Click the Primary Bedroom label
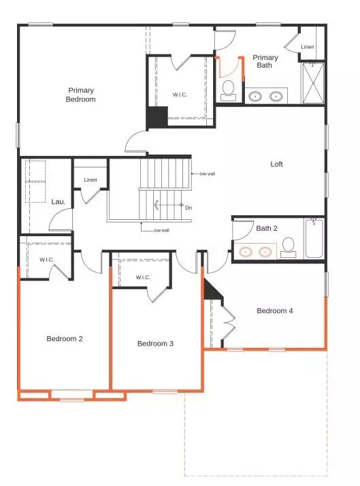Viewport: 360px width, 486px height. (81, 95)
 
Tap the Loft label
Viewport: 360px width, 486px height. (276, 164)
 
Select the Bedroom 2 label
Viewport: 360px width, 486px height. (64, 339)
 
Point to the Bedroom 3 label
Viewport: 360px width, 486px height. (155, 344)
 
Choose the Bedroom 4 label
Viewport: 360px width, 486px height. (275, 311)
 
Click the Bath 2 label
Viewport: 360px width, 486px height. (267, 229)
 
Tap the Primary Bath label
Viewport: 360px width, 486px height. (265, 62)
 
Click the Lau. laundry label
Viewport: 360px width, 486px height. (58, 201)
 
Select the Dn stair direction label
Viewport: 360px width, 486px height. (189, 208)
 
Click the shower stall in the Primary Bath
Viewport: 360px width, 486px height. (313, 83)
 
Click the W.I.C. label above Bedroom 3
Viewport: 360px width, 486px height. (143, 277)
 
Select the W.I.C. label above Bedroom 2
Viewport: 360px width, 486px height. (47, 259)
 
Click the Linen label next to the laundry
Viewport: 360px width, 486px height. (91, 180)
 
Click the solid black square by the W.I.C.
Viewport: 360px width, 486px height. (157, 117)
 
